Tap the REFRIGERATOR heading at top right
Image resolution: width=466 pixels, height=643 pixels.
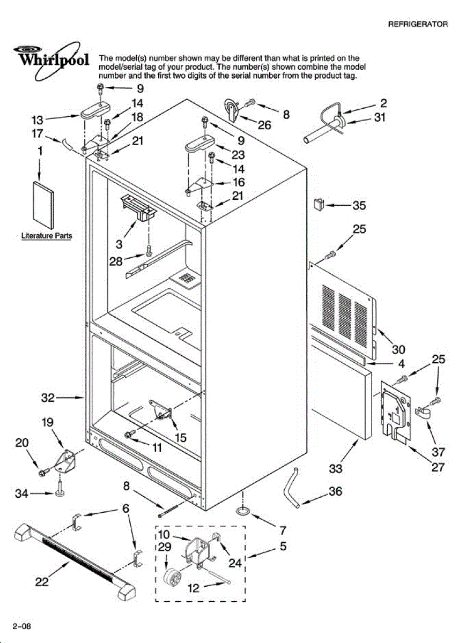pos(418,24)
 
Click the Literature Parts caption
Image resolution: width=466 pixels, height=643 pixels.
pos(47,235)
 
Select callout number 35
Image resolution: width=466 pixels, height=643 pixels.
pos(359,205)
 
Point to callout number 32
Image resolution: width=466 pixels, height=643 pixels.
pos(48,398)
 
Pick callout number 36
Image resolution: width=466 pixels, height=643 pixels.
pos(335,491)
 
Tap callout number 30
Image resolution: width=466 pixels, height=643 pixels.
pos(398,350)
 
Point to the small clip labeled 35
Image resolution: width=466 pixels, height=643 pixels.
pos(318,204)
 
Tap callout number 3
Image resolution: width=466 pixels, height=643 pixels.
pos(119,244)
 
